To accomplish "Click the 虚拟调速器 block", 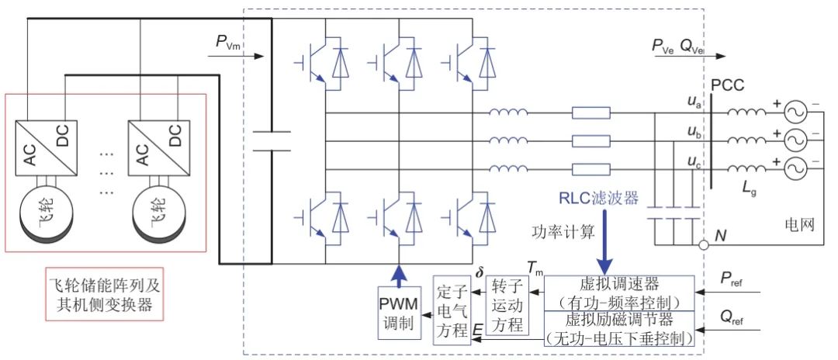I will click(619, 292).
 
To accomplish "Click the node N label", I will click(721, 236).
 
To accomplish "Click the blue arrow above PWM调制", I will click(398, 273).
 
